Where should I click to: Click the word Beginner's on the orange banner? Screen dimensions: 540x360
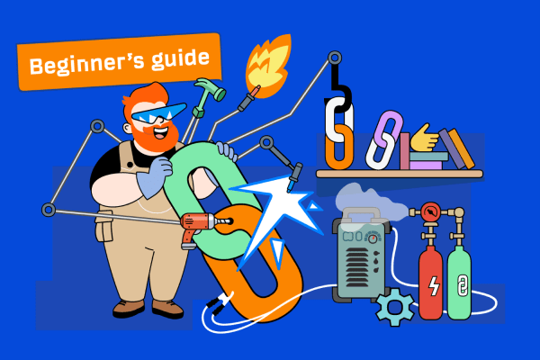click(x=86, y=63)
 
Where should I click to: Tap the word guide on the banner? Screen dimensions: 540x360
click(x=181, y=59)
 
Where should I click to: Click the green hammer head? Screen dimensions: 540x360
click(x=210, y=88)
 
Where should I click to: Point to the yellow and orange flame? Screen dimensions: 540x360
click(x=268, y=65)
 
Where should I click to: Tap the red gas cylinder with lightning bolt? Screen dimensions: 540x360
click(x=430, y=282)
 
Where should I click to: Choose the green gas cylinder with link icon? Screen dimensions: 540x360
click(x=459, y=282)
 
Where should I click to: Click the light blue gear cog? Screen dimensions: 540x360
click(x=395, y=307)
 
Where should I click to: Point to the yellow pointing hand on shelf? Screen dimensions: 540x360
click(x=424, y=138)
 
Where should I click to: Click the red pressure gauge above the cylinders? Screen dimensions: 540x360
click(x=430, y=211)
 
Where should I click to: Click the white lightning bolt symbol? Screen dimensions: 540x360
click(x=434, y=285)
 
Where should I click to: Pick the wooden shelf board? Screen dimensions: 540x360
click(x=400, y=174)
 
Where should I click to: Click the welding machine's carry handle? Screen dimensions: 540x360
click(x=361, y=214)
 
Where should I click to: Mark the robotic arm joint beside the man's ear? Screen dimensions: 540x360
click(x=97, y=126)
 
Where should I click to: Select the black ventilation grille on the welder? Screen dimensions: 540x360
click(x=356, y=266)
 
